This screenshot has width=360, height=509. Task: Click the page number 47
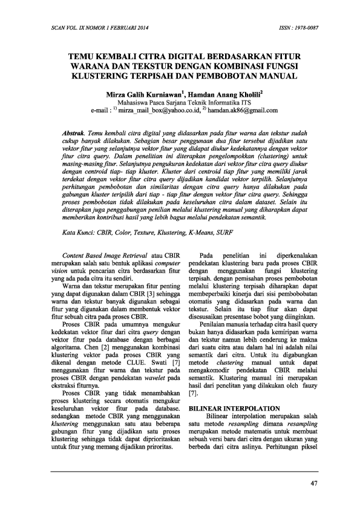313,482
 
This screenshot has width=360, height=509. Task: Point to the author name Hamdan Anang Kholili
221,95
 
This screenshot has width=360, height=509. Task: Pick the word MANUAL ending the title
273,76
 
